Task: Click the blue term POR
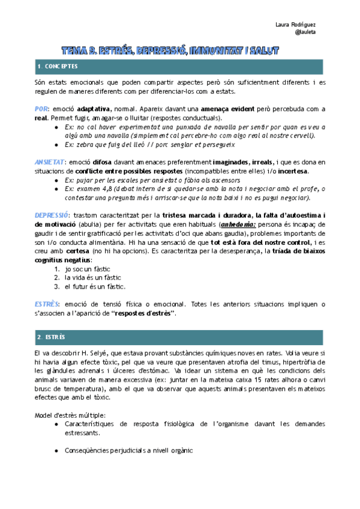click(41, 109)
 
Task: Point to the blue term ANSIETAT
click(49, 163)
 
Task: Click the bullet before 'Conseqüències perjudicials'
click(56, 451)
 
